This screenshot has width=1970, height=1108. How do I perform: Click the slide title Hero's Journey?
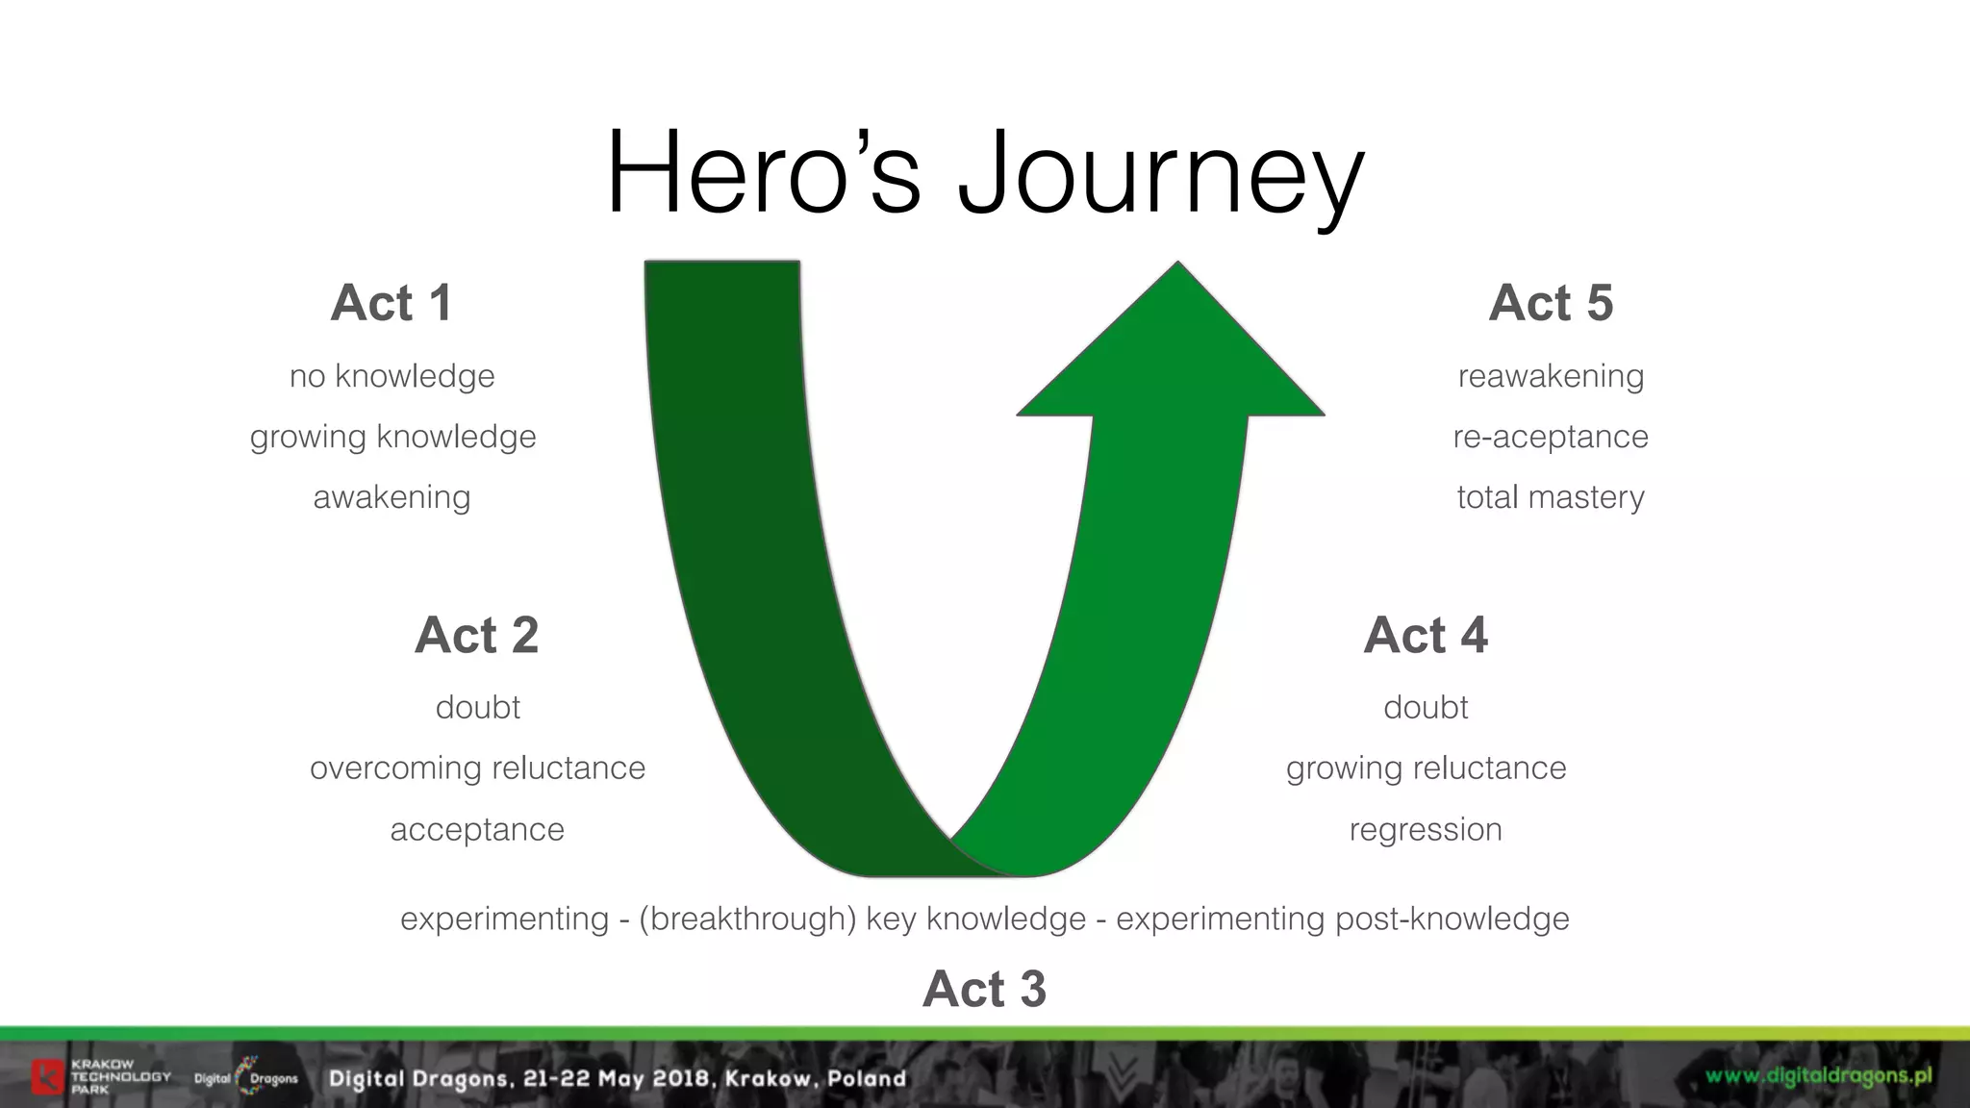coord(984,173)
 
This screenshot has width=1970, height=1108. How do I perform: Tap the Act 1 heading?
coord(391,303)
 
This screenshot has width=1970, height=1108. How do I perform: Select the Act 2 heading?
coord(476,635)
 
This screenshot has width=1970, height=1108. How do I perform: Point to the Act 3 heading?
coord(984,989)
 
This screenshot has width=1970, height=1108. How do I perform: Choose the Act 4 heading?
coord(1426,635)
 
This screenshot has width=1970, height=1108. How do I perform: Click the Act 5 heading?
coord(1551,303)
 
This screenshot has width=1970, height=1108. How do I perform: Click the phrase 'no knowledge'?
coord(391,376)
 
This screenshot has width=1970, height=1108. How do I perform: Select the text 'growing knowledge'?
coord(392,437)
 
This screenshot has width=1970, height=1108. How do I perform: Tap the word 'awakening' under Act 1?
coord(391,497)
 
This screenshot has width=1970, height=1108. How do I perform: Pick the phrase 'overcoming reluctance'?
coord(477,768)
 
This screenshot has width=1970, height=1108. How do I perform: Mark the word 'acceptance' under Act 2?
coord(477,829)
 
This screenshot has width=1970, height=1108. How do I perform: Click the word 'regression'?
coord(1426,829)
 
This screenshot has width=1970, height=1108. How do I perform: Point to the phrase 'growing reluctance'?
coord(1426,768)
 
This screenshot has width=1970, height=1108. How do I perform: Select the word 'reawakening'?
coord(1551,376)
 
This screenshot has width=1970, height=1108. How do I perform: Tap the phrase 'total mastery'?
coord(1551,497)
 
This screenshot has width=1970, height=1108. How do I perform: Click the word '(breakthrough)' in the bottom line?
coord(747,919)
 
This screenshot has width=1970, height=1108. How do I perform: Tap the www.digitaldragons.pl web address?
coord(1818,1075)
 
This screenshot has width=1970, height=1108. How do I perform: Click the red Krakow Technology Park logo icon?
coord(47,1076)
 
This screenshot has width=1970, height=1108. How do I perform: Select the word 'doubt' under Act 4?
coord(1426,708)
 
